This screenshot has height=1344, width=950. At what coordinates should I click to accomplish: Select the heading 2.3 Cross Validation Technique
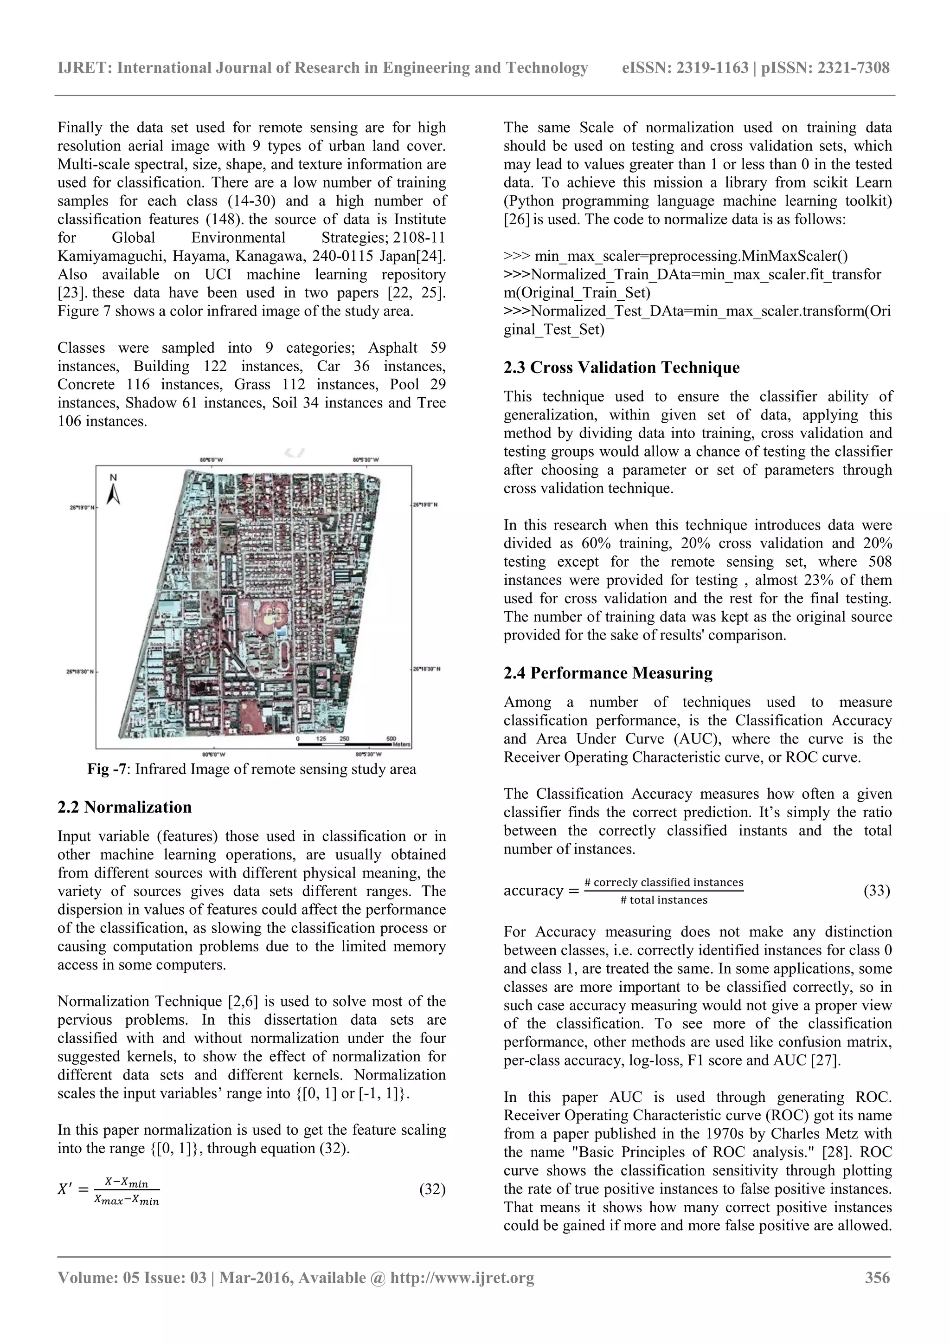[x=621, y=368]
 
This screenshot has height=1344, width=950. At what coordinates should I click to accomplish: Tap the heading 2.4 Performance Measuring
[x=608, y=673]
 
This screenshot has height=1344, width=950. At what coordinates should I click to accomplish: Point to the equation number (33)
[x=876, y=890]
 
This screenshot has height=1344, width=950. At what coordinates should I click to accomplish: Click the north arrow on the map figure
[x=114, y=491]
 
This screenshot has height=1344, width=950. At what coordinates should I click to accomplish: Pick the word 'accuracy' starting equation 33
[x=533, y=890]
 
